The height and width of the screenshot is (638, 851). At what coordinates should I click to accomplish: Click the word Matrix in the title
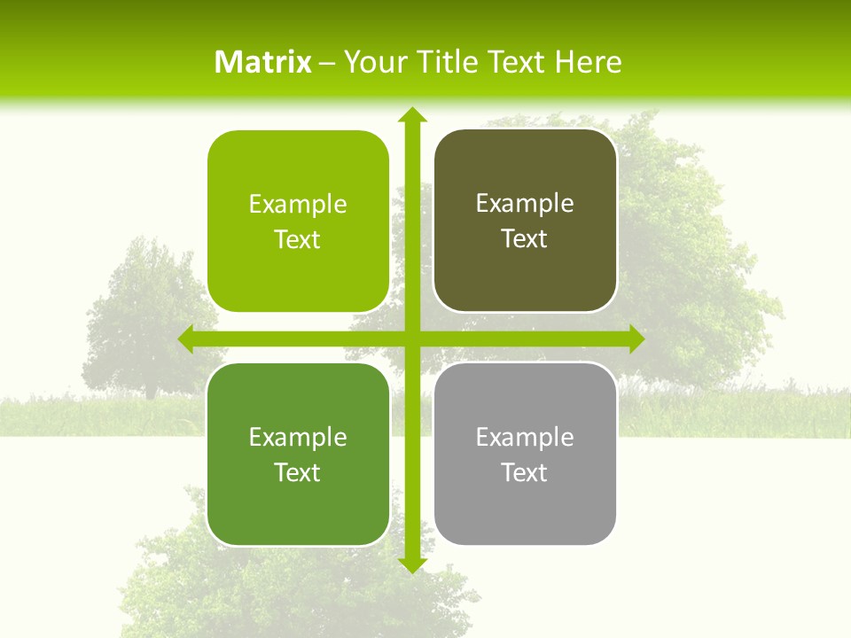click(263, 62)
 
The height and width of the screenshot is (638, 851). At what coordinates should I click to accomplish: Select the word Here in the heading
click(589, 62)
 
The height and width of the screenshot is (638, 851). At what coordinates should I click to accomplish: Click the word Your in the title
click(372, 62)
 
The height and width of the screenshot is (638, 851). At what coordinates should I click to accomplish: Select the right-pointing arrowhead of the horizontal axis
click(636, 339)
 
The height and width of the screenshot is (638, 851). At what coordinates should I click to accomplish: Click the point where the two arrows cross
click(411, 339)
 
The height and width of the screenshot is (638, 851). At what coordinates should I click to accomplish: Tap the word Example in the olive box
click(525, 204)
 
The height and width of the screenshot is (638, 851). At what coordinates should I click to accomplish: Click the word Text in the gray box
click(525, 472)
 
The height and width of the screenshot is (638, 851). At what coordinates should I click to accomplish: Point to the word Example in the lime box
click(298, 205)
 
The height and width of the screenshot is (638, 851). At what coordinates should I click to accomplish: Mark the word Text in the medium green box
click(298, 472)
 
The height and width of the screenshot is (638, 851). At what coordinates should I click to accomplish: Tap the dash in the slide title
click(327, 63)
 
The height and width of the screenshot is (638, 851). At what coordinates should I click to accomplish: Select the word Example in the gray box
click(525, 437)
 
